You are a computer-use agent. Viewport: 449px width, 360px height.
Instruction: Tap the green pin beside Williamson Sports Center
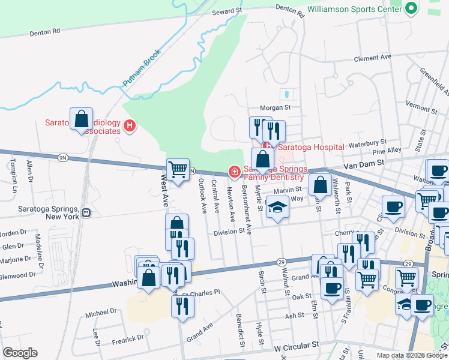click(x=411, y=9)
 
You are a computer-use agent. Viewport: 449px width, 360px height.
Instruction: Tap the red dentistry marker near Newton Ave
click(x=234, y=172)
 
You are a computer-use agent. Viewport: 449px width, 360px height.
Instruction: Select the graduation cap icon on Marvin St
click(x=277, y=208)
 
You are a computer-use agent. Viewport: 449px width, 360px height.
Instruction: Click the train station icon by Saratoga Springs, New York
click(x=86, y=212)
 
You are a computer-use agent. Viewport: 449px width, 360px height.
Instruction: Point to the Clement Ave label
click(x=372, y=58)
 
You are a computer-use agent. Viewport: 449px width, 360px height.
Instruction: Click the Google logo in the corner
click(x=20, y=353)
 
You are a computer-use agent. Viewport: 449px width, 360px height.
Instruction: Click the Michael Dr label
click(x=100, y=313)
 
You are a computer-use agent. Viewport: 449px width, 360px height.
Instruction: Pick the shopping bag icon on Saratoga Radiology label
click(x=82, y=119)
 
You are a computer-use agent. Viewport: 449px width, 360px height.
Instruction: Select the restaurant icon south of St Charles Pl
click(x=182, y=306)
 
